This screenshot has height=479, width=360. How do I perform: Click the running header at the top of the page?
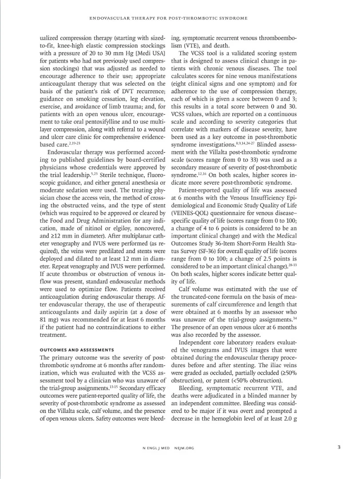(x=168, y=18)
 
